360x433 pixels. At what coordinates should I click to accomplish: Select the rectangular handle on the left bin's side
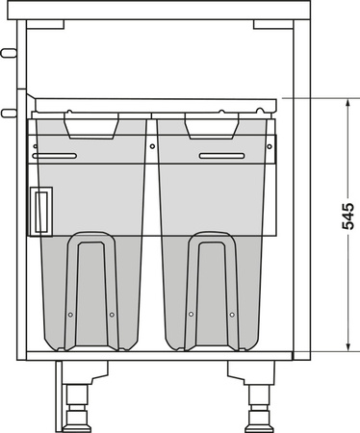(40, 210)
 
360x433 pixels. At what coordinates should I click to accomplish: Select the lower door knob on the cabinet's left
(8, 113)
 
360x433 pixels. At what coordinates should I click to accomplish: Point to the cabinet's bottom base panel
(160, 355)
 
